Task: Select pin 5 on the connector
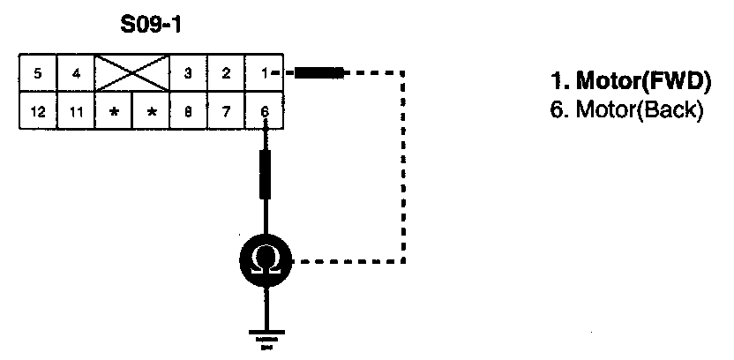(x=38, y=74)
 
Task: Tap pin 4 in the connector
(x=77, y=74)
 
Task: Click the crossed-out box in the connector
(x=131, y=74)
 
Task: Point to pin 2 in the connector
(x=226, y=74)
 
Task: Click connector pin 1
(x=264, y=74)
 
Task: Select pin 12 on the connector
(x=38, y=112)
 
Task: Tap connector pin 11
(x=77, y=112)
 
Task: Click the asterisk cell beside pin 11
(x=114, y=112)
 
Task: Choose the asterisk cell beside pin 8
(x=151, y=112)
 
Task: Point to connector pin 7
(x=226, y=112)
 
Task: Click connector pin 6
(x=264, y=112)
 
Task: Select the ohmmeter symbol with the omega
(x=265, y=261)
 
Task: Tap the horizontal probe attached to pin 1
(x=319, y=73)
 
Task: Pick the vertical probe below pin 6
(x=265, y=174)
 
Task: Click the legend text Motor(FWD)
(x=630, y=83)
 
